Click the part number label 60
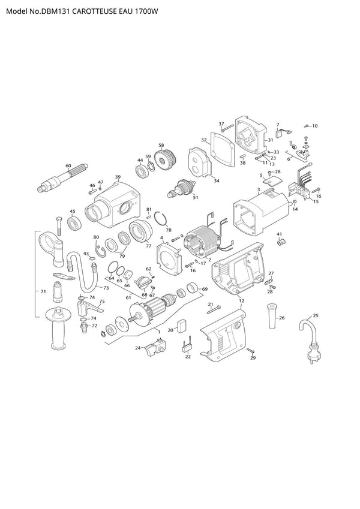click(68, 165)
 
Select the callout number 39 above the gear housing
click(118, 177)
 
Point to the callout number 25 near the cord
click(316, 315)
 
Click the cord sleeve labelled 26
click(272, 316)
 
